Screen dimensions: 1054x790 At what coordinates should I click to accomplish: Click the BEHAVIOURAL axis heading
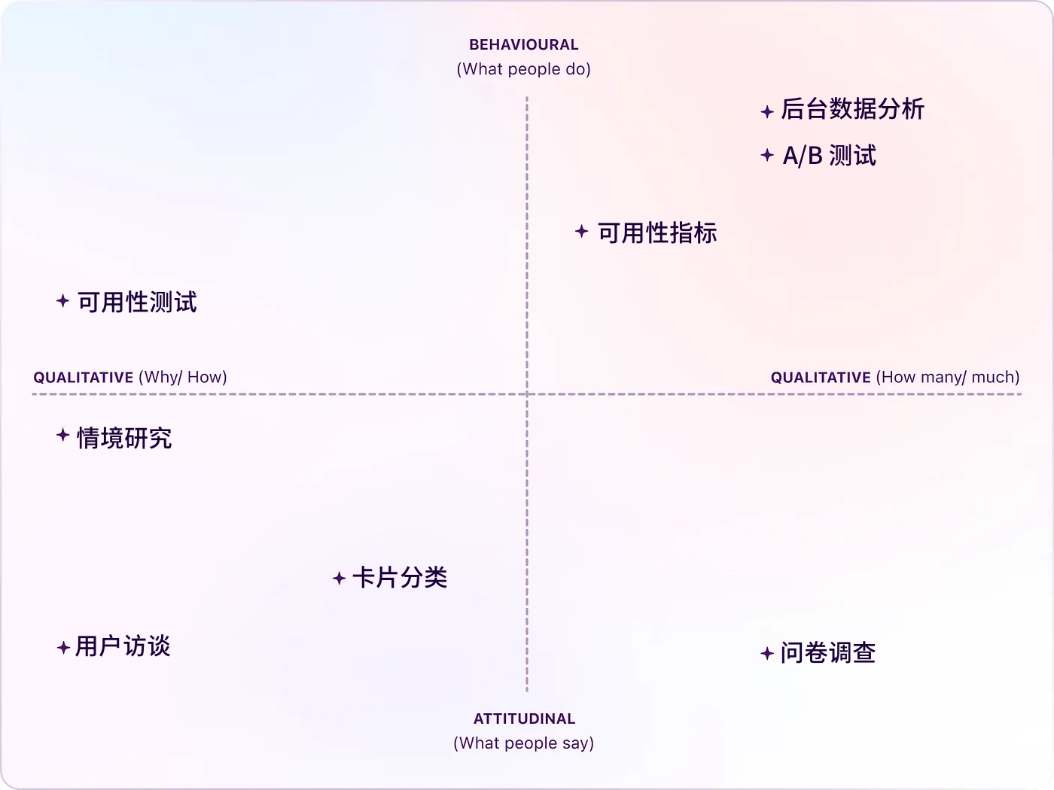coord(524,45)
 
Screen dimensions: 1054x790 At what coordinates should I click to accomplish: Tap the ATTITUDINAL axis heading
coord(524,719)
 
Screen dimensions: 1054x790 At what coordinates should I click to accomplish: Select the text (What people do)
coord(524,69)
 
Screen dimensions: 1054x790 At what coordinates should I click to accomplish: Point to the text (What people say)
coord(524,743)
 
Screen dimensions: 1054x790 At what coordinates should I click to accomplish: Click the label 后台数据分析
coord(852,109)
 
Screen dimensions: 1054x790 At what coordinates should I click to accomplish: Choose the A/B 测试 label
coord(830,156)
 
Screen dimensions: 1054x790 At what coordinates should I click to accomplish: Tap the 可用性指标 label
coord(657,233)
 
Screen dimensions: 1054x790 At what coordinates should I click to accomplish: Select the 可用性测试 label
coord(137,302)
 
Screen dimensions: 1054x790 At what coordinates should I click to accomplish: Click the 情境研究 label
coord(124,438)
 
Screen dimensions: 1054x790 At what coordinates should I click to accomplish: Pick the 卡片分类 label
coord(400,578)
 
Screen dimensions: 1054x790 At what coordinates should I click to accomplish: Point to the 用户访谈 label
coord(123,646)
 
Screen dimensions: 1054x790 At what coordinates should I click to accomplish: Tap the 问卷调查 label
coord(828,653)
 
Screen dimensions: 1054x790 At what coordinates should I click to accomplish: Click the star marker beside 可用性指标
coord(581,231)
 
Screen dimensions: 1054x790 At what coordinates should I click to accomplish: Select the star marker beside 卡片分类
coord(339,578)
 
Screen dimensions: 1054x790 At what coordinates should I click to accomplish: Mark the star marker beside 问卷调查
coord(767,653)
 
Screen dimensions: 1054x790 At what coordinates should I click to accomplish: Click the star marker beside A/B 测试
coord(767,155)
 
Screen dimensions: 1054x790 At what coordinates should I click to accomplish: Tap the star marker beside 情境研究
coord(63,435)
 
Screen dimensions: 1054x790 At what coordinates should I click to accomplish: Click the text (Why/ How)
coord(183,377)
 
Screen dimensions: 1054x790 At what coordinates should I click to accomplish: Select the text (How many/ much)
coord(948,377)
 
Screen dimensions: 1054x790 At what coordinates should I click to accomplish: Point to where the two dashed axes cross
coord(527,393)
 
